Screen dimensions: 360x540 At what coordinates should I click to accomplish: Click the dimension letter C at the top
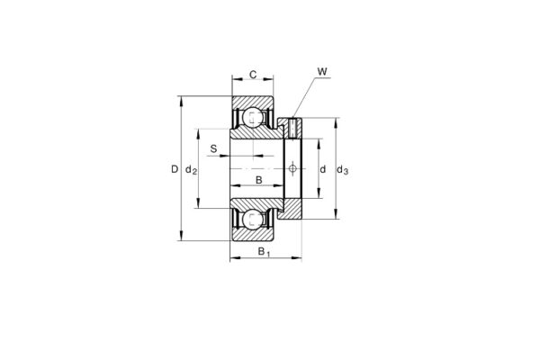[253, 74]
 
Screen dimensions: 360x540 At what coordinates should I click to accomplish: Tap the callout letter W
[322, 70]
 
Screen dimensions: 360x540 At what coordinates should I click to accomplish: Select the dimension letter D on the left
[175, 169]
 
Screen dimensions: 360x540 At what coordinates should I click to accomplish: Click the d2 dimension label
[191, 169]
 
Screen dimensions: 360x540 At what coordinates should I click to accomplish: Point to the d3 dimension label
[342, 169]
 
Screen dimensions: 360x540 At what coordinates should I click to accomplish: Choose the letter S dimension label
[213, 148]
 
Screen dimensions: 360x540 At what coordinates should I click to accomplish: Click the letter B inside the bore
[259, 181]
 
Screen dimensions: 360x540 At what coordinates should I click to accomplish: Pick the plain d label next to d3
[322, 169]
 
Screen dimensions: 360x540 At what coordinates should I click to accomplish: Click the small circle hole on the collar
[292, 168]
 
